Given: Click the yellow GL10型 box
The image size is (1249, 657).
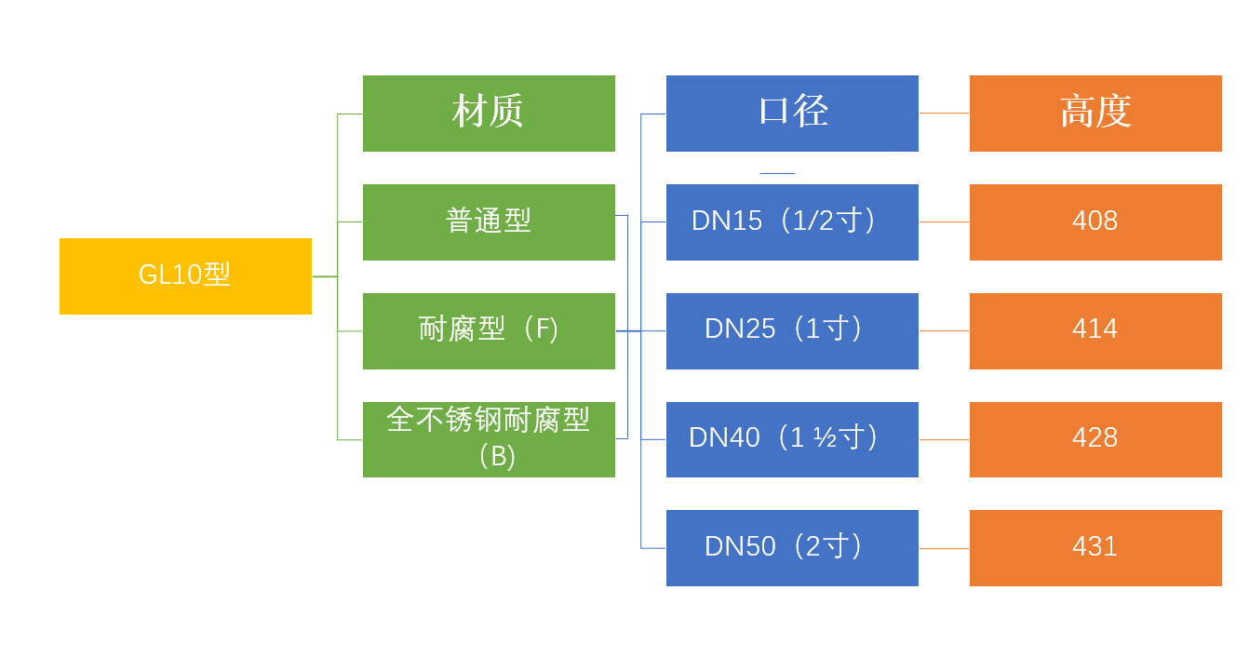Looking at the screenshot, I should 185,276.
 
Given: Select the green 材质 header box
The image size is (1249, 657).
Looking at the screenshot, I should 489,114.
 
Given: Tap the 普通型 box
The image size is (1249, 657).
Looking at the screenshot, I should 489,222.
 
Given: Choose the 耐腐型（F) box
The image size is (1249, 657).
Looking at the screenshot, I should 489,331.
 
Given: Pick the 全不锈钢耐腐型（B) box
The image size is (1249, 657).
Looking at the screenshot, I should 489,439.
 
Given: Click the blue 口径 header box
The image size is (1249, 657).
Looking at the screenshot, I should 792,114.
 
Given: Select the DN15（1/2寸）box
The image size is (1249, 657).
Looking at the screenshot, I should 792,222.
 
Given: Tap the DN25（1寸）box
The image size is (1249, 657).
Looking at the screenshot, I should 792,331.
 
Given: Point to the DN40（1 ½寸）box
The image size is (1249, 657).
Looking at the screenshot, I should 792,439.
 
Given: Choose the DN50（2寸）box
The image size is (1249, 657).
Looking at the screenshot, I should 792,548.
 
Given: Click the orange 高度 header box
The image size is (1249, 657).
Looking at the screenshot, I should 1095,114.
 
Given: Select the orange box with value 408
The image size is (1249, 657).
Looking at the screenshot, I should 1095,222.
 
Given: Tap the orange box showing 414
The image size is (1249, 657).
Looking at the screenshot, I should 1095,331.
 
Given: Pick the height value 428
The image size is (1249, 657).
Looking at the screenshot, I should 1095,439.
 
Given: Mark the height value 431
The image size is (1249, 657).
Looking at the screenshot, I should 1095,548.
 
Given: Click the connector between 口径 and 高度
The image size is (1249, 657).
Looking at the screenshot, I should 944,114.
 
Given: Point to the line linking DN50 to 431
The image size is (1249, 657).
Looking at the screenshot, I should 944,548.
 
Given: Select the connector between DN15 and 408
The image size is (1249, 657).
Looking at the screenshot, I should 944,222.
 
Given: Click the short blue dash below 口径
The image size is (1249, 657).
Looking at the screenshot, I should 777,173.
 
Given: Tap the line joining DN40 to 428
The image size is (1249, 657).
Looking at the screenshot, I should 944,439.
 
